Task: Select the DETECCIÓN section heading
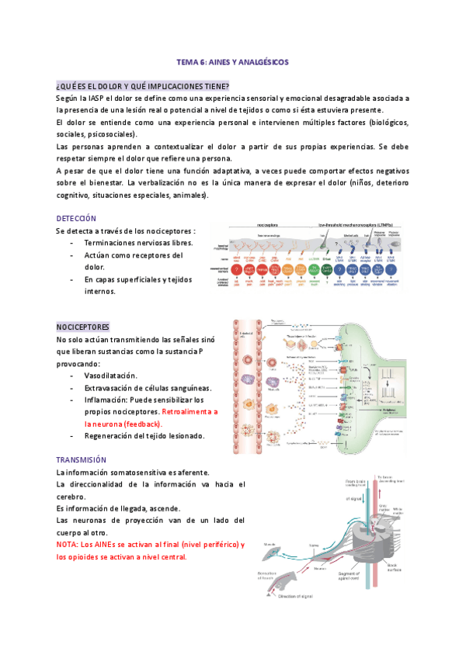(x=76, y=218)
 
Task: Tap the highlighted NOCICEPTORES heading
(x=83, y=327)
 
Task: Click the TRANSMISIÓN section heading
(x=82, y=459)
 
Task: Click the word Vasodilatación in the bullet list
(x=110, y=376)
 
